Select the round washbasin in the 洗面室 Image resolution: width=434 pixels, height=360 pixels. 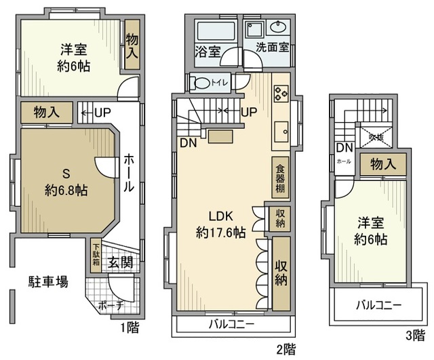coord(278,28)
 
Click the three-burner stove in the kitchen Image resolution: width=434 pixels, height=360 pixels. coord(281,93)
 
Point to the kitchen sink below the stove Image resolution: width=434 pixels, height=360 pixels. coord(281,129)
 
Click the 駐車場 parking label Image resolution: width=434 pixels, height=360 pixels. coord(47,281)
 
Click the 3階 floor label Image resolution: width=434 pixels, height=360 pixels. coord(413,335)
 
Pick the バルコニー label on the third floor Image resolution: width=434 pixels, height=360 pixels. coord(378,305)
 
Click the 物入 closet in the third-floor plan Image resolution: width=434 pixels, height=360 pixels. coord(382,163)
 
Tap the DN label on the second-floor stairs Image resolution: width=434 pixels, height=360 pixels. coord(188,142)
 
